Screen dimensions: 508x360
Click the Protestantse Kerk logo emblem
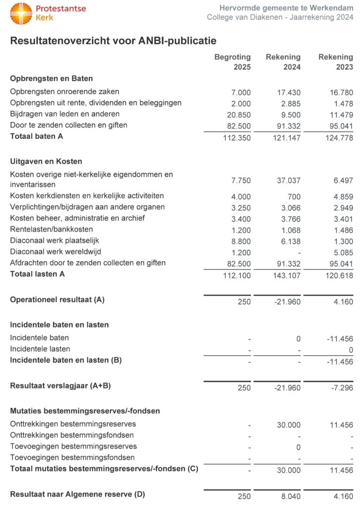tap(21, 13)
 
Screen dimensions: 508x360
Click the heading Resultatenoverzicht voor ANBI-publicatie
tap(113, 41)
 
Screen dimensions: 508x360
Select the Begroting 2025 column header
tap(233, 62)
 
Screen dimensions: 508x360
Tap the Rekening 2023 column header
tap(336, 62)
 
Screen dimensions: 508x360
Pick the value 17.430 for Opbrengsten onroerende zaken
tap(288, 92)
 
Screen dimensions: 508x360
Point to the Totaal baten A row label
tap(37, 136)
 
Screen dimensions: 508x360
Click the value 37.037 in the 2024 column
tap(288, 180)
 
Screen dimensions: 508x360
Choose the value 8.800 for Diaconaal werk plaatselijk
tap(241, 241)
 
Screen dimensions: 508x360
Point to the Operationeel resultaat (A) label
tap(58, 300)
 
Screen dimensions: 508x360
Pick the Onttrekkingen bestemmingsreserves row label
tap(73, 424)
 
